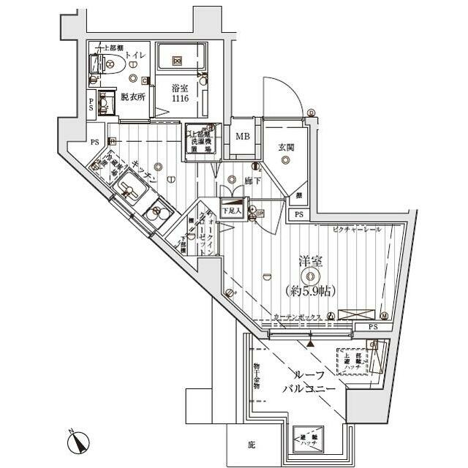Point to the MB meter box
[241, 135]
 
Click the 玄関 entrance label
[285, 148]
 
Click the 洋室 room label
[310, 261]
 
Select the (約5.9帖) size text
[309, 290]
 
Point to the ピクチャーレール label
[357, 230]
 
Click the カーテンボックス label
[298, 317]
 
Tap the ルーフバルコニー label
[309, 380]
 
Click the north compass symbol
[78, 442]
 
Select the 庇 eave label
[251, 445]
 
